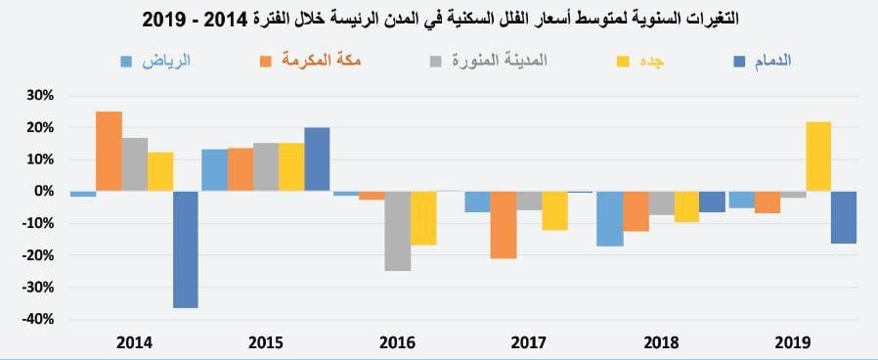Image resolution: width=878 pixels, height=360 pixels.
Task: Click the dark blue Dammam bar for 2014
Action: (186, 249)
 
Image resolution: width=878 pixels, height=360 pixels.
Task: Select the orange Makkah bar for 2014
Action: (109, 152)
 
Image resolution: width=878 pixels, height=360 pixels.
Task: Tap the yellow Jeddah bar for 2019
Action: (818, 157)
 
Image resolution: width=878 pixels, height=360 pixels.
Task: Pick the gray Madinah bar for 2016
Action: (397, 231)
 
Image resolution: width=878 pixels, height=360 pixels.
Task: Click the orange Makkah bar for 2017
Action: (504, 225)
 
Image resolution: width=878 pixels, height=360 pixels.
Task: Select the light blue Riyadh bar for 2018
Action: (610, 218)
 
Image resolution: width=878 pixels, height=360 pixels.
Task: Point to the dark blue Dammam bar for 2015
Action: (317, 159)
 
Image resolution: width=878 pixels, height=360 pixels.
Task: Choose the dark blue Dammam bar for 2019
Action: (844, 217)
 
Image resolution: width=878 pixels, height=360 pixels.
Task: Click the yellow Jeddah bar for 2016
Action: (423, 218)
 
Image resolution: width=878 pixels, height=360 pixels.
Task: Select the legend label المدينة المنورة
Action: (500, 61)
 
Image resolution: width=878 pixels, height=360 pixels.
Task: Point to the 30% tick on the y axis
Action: (39, 96)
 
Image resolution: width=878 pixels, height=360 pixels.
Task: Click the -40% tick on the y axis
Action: (36, 320)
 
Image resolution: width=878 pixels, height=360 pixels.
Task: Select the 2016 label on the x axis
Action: (397, 342)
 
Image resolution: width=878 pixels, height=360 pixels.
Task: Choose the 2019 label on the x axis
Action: (792, 342)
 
